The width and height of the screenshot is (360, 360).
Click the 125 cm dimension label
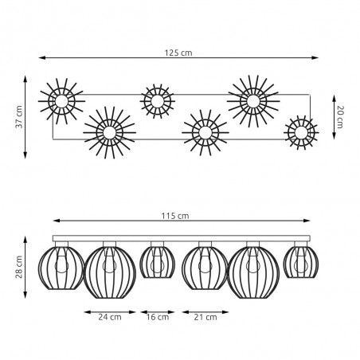[180, 52]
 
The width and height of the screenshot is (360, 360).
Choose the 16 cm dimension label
[158, 317]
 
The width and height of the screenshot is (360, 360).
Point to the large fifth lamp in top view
[252, 101]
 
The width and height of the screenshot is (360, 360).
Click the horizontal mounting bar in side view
[181, 238]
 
